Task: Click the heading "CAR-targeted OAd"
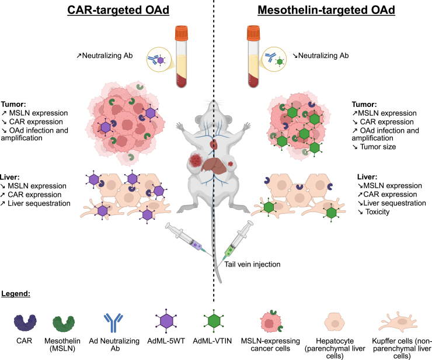click(118, 10)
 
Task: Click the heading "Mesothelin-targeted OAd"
click(326, 10)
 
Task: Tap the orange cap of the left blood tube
click(182, 33)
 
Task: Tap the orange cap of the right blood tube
click(253, 33)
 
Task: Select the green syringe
click(238, 238)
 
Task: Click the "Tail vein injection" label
click(252, 264)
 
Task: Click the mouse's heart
click(214, 144)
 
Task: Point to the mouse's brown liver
click(214, 165)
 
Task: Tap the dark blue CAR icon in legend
click(25, 322)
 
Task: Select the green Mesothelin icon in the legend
click(64, 323)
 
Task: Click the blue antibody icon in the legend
click(113, 323)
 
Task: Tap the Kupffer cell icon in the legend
click(399, 321)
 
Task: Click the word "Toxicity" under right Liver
click(378, 212)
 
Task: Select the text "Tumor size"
click(378, 147)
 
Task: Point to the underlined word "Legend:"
click(16, 293)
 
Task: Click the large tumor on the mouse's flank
click(196, 160)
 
